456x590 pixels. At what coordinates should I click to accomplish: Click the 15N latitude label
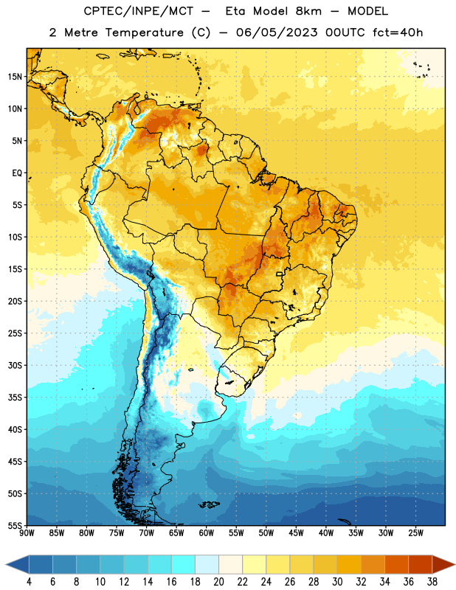click(x=15, y=77)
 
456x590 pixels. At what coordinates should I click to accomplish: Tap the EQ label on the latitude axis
click(x=17, y=173)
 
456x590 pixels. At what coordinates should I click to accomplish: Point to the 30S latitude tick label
click(x=15, y=365)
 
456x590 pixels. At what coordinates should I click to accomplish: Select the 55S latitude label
click(x=15, y=526)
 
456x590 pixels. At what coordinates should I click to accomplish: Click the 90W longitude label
click(x=27, y=533)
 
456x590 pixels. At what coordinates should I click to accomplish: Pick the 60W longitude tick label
click(x=207, y=533)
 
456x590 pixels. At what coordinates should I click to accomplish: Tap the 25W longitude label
click(x=415, y=533)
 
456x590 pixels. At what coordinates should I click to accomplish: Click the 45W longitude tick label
click(x=296, y=533)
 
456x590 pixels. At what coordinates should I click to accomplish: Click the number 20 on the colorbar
click(x=218, y=582)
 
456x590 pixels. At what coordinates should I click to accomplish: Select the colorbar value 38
click(x=432, y=582)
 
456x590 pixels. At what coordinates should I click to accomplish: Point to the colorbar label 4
click(x=29, y=582)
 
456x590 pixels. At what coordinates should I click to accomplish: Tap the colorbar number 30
click(x=337, y=582)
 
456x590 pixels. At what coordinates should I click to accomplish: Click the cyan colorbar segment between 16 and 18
click(x=184, y=564)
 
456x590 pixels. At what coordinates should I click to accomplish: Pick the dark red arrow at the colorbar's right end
click(x=443, y=564)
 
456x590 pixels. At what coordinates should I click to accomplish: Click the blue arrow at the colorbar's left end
click(x=18, y=564)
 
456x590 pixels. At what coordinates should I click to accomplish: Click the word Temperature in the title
click(x=145, y=32)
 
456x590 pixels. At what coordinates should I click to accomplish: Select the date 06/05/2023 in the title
click(x=277, y=32)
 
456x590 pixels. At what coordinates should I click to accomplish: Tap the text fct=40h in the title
click(x=398, y=32)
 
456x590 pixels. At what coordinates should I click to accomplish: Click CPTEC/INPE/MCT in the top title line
click(x=139, y=11)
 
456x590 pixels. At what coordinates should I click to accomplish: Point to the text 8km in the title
click(x=308, y=11)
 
